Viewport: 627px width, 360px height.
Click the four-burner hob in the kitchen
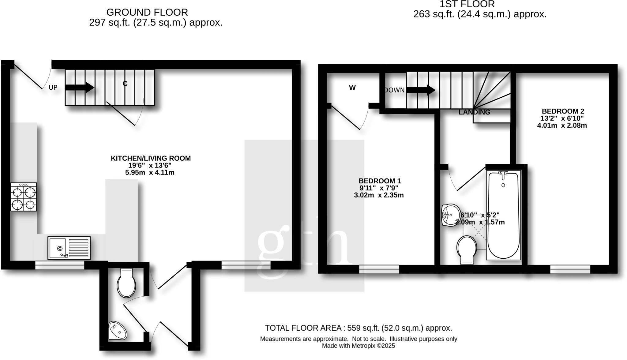pos(24,197)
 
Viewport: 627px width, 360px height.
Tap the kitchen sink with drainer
pos(69,248)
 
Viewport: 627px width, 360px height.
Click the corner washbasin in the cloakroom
pos(118,331)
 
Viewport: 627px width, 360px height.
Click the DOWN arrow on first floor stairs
pos(421,90)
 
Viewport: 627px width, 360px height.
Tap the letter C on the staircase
pos(125,84)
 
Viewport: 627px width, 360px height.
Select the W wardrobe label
pos(352,88)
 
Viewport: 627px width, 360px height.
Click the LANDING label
pos(474,112)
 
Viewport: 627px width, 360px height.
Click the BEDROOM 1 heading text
pos(380,181)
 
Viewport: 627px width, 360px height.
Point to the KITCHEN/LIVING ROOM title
pos(151,158)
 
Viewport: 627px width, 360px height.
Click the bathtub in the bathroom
pos(503,217)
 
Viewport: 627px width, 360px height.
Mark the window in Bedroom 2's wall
pos(570,269)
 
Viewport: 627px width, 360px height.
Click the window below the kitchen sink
pos(60,265)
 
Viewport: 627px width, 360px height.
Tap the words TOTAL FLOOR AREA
pos(303,328)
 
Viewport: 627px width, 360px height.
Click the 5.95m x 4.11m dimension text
pos(150,173)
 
